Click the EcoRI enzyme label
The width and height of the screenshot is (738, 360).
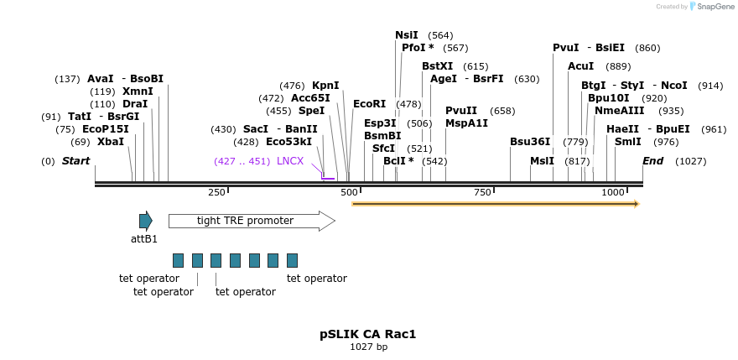(369, 104)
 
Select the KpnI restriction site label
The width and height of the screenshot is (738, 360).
(325, 86)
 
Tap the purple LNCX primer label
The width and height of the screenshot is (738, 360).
(290, 161)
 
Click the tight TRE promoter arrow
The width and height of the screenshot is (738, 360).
(252, 221)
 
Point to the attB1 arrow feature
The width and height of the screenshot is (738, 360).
(146, 221)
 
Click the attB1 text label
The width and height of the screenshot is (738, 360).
(144, 239)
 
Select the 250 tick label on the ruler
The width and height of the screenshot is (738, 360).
(216, 192)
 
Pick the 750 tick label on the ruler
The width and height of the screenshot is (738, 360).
(482, 192)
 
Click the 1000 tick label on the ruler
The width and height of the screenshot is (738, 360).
(613, 192)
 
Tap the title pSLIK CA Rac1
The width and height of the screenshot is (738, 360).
(368, 334)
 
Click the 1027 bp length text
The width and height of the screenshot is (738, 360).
(368, 347)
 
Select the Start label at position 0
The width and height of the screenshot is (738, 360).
(75, 161)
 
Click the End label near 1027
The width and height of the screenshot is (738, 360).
(653, 161)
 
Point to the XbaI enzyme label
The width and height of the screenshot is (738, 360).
(110, 142)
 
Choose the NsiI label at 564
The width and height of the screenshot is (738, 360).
(407, 35)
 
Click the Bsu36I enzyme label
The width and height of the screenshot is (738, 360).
(530, 142)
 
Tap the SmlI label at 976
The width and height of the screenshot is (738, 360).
(628, 142)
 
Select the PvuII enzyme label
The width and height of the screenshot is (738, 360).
(461, 111)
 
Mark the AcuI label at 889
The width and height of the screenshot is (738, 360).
(580, 66)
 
